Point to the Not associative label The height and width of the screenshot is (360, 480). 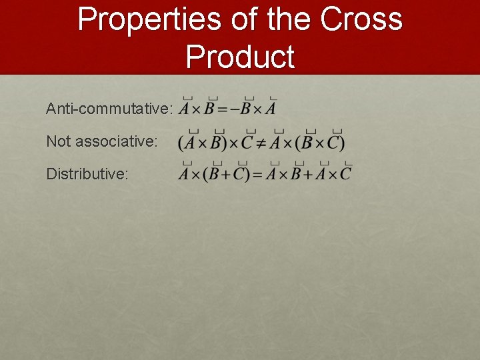(x=102, y=141)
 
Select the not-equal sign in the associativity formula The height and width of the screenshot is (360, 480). (x=261, y=143)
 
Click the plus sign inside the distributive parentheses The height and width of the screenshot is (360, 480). (x=227, y=175)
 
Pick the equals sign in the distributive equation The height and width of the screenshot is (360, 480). (x=257, y=175)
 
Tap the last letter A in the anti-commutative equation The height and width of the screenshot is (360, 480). (x=271, y=108)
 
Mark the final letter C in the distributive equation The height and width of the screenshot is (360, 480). (x=345, y=175)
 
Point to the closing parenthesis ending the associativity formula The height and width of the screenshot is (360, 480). (x=342, y=143)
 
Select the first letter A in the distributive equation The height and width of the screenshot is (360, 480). (x=185, y=175)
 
